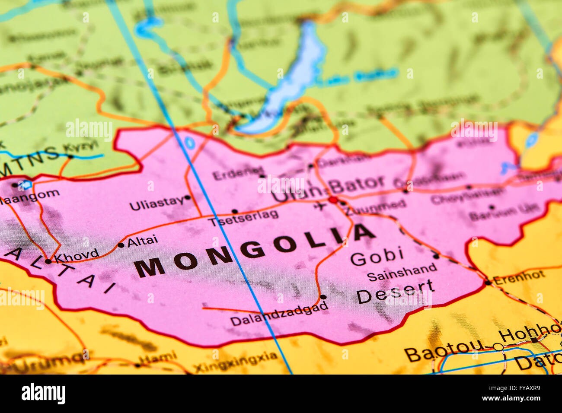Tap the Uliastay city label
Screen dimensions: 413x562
(x=156, y=203)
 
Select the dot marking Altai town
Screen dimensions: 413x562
(x=121, y=245)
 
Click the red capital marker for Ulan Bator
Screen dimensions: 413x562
(x=333, y=200)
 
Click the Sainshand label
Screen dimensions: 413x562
(x=402, y=272)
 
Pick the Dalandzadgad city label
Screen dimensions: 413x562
(x=279, y=319)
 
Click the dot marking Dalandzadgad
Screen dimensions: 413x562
(x=323, y=297)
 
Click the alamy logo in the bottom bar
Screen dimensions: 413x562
(x=43, y=393)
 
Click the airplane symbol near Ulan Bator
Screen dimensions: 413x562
(x=320, y=207)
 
